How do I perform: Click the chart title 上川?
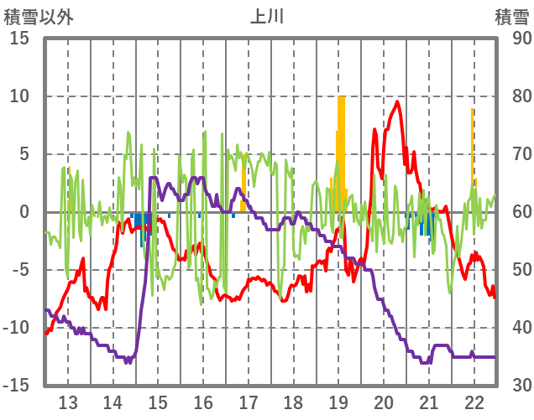[x=267, y=16]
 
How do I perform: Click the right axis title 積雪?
[x=511, y=16]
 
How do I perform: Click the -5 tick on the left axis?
[x=20, y=270]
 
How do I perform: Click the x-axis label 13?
[x=68, y=401]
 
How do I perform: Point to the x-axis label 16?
[x=203, y=401]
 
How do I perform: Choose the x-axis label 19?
[x=338, y=401]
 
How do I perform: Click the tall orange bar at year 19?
[x=341, y=151]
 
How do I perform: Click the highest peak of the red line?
[x=397, y=102]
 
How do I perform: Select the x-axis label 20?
[x=384, y=401]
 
